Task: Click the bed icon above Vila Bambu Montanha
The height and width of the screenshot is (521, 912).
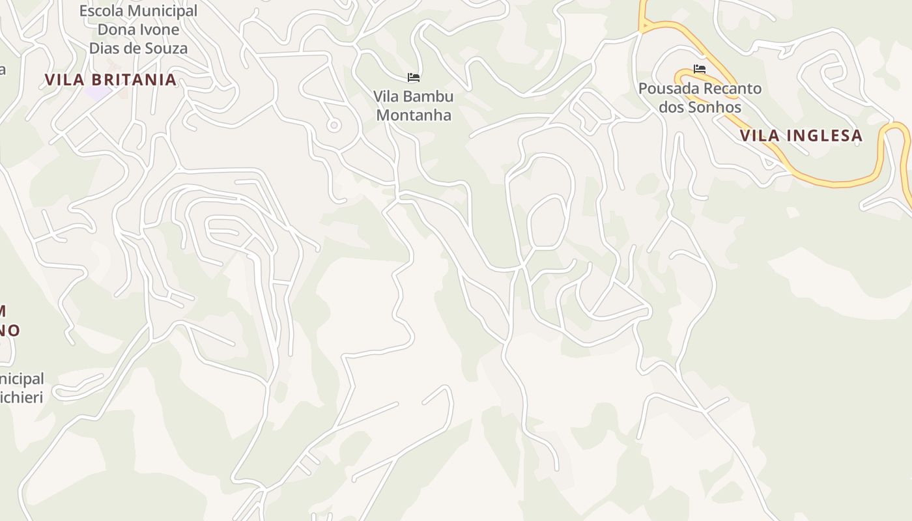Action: point(414,77)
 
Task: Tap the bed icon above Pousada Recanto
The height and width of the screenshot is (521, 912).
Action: point(700,68)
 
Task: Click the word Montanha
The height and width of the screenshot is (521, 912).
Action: point(414,115)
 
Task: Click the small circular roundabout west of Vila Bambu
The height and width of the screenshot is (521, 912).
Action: point(334,125)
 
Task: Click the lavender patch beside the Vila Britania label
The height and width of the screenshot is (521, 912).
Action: point(98,93)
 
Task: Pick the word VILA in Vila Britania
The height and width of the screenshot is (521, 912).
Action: point(64,80)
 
